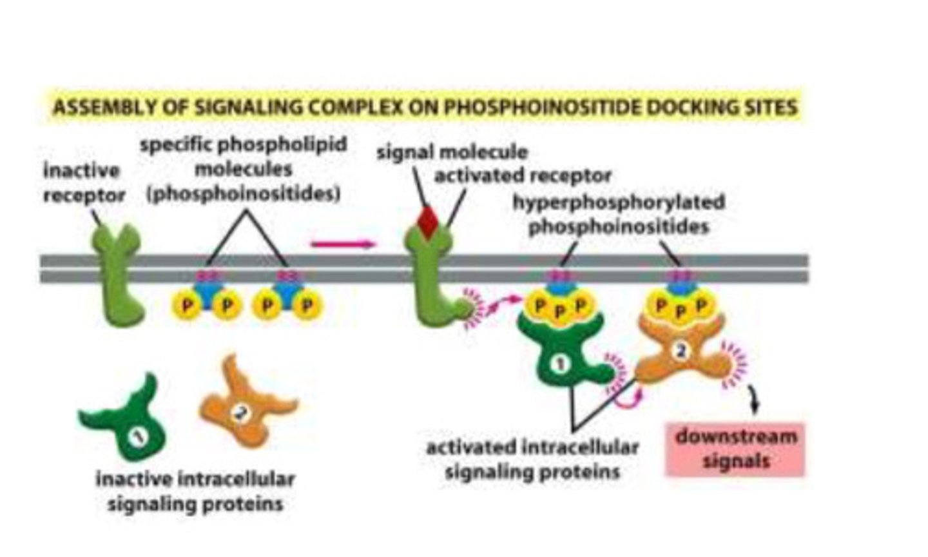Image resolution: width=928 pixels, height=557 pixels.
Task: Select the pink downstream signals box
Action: click(735, 449)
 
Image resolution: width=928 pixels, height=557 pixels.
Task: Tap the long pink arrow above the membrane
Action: click(342, 244)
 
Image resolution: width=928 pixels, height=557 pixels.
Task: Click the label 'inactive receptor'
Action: click(82, 182)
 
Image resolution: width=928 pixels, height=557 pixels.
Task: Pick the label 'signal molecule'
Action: click(452, 152)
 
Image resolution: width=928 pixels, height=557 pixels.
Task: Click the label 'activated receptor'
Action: click(523, 175)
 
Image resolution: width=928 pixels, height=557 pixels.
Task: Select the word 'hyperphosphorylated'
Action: click(618, 202)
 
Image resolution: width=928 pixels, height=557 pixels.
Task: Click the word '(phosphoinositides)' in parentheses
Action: click(244, 194)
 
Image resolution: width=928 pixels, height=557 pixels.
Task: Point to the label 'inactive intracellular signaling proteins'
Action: click(195, 491)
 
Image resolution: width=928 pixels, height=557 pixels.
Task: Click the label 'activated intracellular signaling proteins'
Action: click(532, 459)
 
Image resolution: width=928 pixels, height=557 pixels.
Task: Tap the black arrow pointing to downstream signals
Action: click(754, 400)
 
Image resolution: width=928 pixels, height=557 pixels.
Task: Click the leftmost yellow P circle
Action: click(186, 305)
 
